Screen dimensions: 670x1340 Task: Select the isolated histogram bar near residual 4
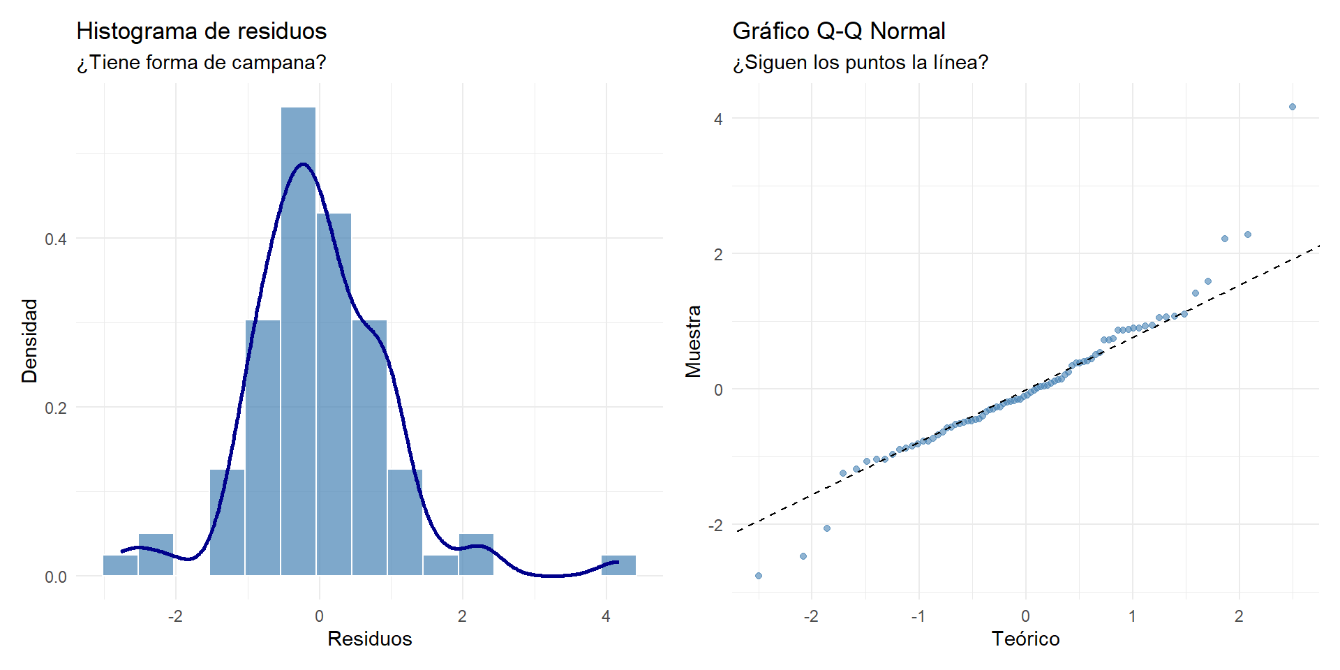[x=618, y=565]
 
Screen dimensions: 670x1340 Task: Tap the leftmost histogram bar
[x=121, y=565]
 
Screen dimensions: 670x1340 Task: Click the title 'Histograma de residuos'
[x=201, y=31]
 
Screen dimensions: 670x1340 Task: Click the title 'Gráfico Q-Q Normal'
[x=838, y=31]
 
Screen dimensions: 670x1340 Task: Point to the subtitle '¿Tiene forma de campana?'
[x=201, y=63]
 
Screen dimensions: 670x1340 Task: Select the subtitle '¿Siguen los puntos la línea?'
[x=860, y=63]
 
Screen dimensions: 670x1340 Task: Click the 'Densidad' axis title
[x=29, y=341]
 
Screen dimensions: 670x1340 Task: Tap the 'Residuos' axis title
[x=369, y=639]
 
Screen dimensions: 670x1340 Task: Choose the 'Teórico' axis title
[x=1025, y=639]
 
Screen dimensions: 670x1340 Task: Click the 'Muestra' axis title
[x=693, y=341]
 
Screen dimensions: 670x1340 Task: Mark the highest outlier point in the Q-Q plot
[x=1293, y=107]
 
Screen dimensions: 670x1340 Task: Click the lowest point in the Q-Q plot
[x=759, y=576]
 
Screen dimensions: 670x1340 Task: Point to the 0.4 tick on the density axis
[x=56, y=239]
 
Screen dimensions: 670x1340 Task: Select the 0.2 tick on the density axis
[x=56, y=408]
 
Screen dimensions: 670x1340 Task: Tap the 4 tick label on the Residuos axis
[x=606, y=616]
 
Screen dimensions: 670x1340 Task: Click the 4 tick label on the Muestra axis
[x=718, y=119]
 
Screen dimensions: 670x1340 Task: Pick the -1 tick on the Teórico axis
[x=918, y=616]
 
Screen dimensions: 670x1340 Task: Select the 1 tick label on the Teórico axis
[x=1132, y=616]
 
